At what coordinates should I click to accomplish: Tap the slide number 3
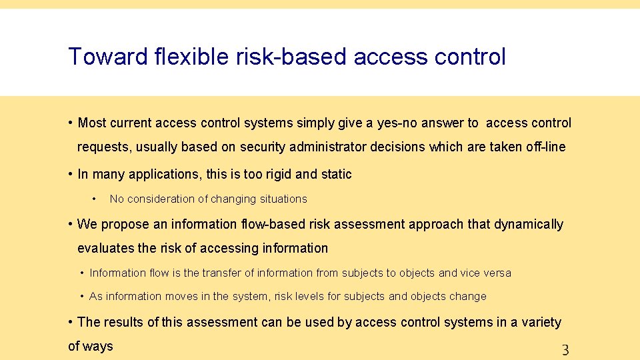point(565,349)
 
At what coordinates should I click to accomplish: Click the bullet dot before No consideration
point(95,199)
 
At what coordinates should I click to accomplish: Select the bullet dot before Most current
point(70,123)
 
